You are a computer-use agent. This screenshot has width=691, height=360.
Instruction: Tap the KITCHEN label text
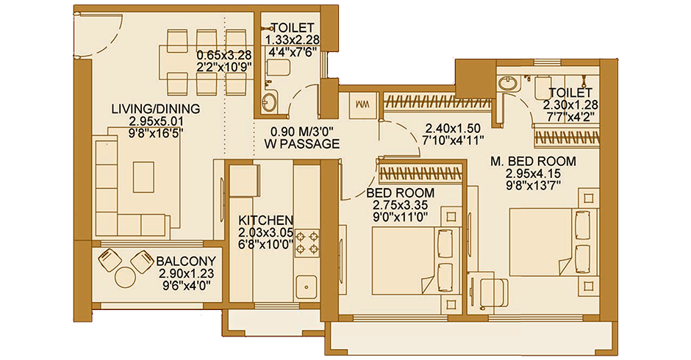click(267, 220)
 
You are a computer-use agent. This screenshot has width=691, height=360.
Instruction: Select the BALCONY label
click(186, 260)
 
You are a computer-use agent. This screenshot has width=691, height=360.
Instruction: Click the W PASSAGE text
click(303, 144)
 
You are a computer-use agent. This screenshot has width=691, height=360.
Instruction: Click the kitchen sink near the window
click(303, 285)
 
